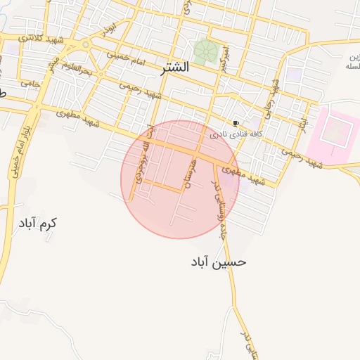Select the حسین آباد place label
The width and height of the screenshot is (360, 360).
pos(217,262)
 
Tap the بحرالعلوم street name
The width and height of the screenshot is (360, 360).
pos(77,70)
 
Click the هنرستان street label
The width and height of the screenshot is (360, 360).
pos(187,172)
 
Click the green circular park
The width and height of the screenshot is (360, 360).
pos(205,51)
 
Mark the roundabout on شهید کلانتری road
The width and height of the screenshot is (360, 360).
pos(86,44)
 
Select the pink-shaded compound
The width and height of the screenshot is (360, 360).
pos(333,132)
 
